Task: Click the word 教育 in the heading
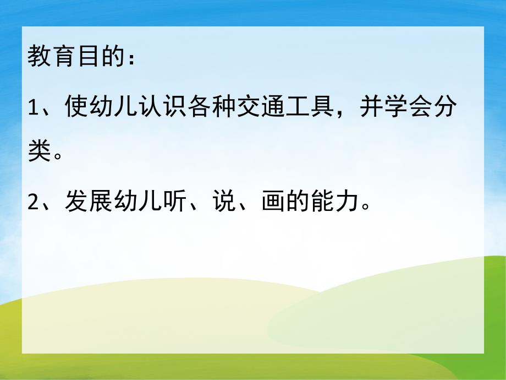pos(46,58)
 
